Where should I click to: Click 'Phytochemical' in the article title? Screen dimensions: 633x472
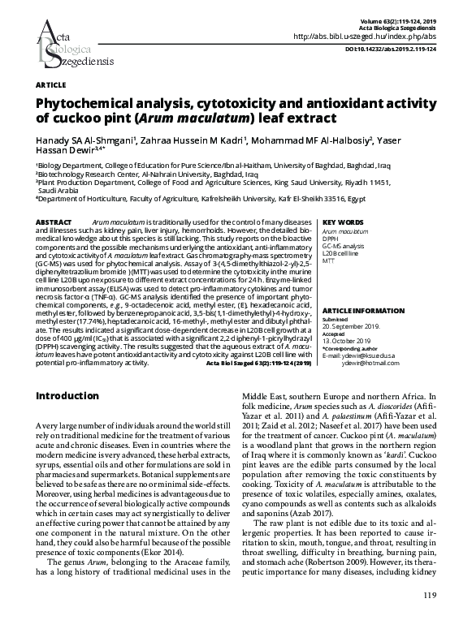click(90, 104)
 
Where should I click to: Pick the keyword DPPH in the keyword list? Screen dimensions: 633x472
click(331, 239)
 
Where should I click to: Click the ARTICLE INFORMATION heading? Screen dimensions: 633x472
click(364, 312)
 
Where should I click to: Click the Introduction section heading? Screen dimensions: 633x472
click(74, 395)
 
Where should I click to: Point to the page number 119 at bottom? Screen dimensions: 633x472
click(430, 620)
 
